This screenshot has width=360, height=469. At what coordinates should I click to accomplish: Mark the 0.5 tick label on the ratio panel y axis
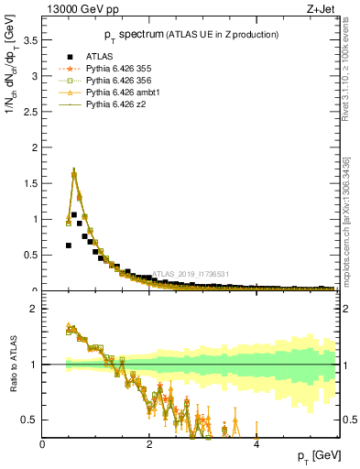click(x=28, y=420)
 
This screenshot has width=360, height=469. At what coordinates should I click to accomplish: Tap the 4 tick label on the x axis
click(x=256, y=444)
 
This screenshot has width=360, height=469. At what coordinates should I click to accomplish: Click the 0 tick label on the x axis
click(x=43, y=444)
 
